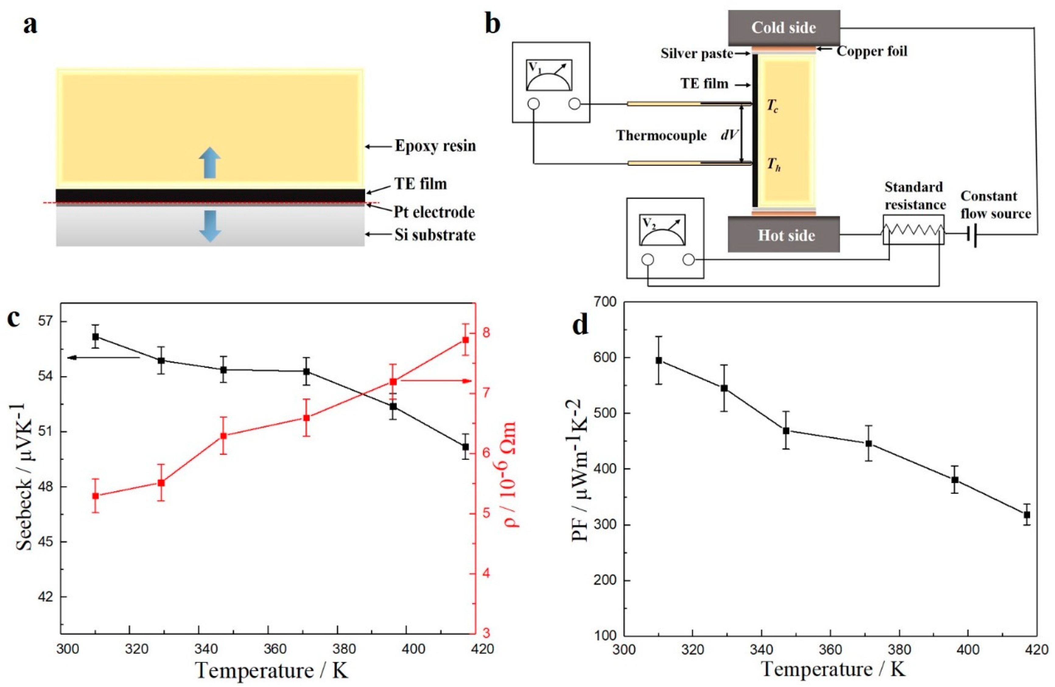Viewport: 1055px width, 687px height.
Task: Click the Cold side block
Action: pyautogui.click(x=783, y=27)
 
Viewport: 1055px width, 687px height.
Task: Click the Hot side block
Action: pyautogui.click(x=783, y=235)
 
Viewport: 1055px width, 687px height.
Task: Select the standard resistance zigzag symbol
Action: pyautogui.click(x=913, y=230)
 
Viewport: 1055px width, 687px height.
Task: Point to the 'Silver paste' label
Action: pyautogui.click(x=696, y=54)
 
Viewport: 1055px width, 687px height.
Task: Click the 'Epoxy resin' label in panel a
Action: pyautogui.click(x=435, y=146)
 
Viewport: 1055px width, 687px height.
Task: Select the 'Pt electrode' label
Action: pyautogui.click(x=434, y=212)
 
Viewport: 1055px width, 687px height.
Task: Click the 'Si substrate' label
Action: pyautogui.click(x=435, y=235)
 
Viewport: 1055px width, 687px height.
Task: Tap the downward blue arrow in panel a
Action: pyautogui.click(x=210, y=226)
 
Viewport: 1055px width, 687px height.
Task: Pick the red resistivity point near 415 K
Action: pyautogui.click(x=465, y=340)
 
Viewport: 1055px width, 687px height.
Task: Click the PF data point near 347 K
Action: pyautogui.click(x=786, y=431)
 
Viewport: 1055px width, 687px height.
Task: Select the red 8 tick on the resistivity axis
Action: pyautogui.click(x=486, y=333)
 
